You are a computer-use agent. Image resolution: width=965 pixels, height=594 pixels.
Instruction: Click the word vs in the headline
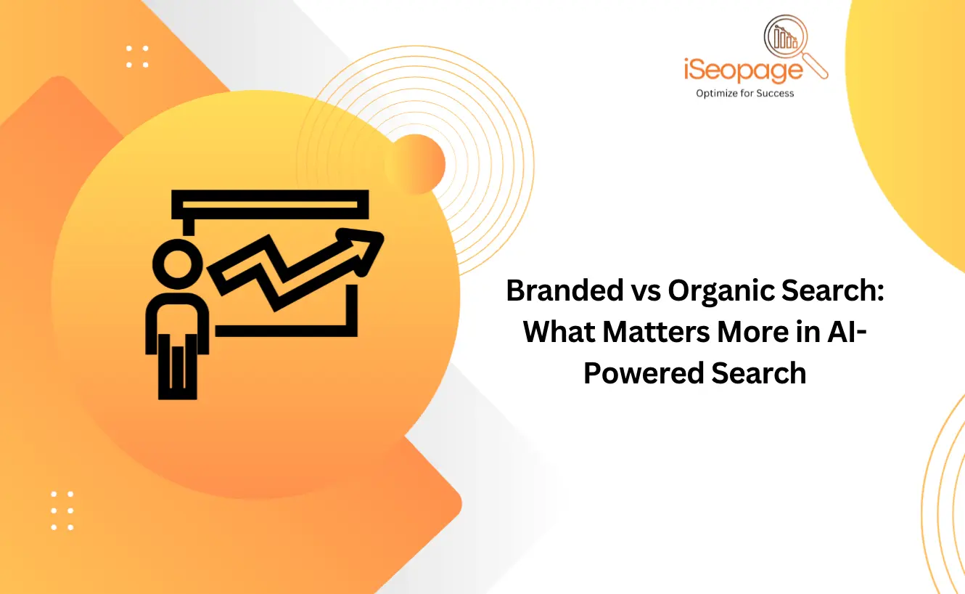[641, 291]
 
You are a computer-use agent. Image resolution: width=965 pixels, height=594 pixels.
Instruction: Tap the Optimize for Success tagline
[744, 93]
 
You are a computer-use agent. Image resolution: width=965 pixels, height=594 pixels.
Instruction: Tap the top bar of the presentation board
[270, 204]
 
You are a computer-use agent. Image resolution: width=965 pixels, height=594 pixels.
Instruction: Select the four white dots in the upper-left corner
[137, 57]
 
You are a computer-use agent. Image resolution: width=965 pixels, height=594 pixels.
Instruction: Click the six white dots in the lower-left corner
[62, 510]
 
